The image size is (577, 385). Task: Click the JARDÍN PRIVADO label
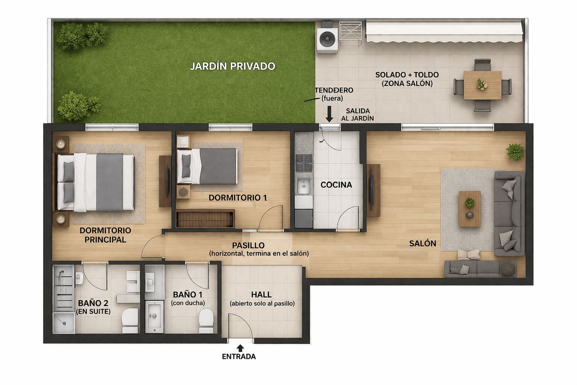[x=232, y=66]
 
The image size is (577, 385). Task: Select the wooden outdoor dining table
[x=482, y=85]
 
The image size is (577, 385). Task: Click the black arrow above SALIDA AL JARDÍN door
[x=329, y=114]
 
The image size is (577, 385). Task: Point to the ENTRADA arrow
[x=240, y=348]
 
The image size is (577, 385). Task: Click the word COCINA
[x=336, y=185]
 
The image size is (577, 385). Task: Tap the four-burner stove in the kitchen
[x=304, y=163]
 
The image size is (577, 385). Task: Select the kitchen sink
[x=304, y=186]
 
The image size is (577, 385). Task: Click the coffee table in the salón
[x=470, y=209]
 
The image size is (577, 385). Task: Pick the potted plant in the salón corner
[x=515, y=152]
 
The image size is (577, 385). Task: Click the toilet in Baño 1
[x=206, y=321]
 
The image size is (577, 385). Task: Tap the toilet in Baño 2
[x=130, y=321]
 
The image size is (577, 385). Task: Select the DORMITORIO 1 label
[x=237, y=198]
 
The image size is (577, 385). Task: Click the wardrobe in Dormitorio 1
[x=205, y=219]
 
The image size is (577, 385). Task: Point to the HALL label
[x=261, y=295]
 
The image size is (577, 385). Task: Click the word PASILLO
[x=248, y=245]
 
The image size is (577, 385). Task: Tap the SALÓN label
[x=423, y=243]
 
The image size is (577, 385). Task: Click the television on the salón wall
[x=372, y=190]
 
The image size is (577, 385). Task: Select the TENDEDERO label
[x=334, y=90]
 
